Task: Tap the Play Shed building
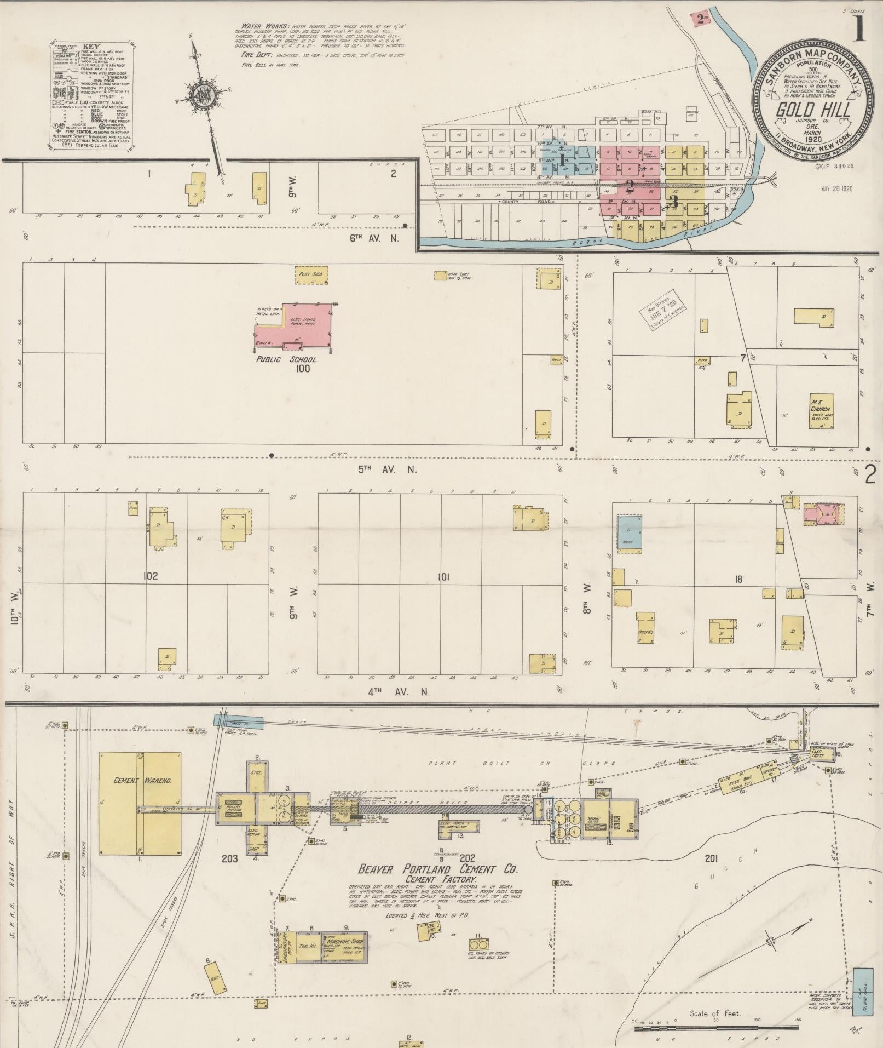tap(311, 276)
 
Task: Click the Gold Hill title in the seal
tap(813, 110)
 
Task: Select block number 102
tap(150, 576)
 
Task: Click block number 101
tap(443, 577)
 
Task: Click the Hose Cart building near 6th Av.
tap(440, 276)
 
